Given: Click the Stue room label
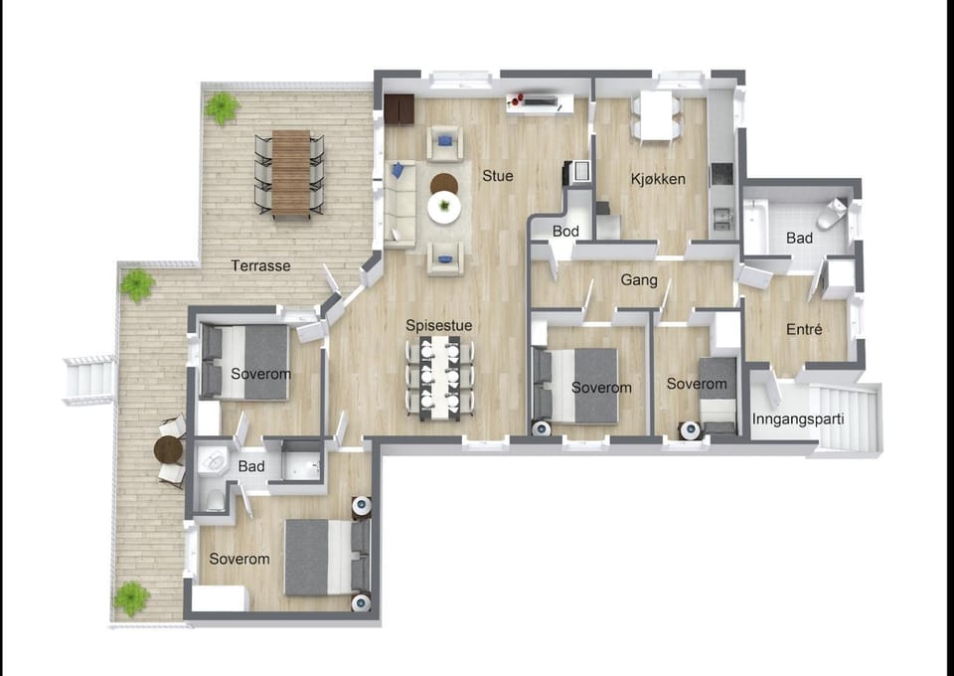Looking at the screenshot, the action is point(498,176).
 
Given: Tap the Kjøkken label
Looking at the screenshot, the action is point(658,179).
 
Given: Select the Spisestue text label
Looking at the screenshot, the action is point(438,325).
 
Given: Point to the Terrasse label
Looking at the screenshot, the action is point(260,265).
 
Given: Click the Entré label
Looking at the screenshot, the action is point(804,329).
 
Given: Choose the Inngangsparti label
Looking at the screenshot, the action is point(798,420).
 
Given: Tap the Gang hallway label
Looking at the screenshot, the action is point(639,280).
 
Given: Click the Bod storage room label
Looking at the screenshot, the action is point(565,232).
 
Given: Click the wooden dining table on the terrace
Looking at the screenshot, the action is point(291,174).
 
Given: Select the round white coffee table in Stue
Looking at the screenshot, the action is point(444,208).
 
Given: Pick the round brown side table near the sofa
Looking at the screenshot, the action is point(444,183).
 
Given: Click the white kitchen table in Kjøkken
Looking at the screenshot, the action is point(656,115).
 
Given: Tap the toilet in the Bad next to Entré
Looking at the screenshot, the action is point(833,213).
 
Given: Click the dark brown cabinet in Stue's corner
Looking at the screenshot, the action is point(399,109).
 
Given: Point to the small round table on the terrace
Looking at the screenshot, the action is point(169,450).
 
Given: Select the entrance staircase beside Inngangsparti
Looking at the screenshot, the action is point(846,418).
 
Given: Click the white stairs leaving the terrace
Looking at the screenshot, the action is point(89,380).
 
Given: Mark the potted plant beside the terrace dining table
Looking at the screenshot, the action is point(222,107).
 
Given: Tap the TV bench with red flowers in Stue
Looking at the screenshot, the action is point(540,103).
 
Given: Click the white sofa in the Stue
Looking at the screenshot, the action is point(399,205).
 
